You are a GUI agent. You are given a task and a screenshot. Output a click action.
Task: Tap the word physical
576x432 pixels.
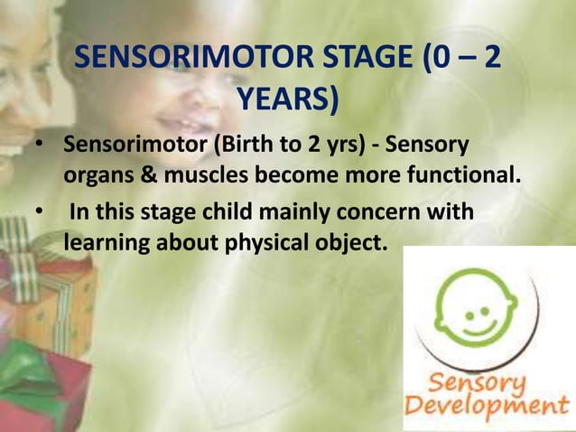coord(265,243)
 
